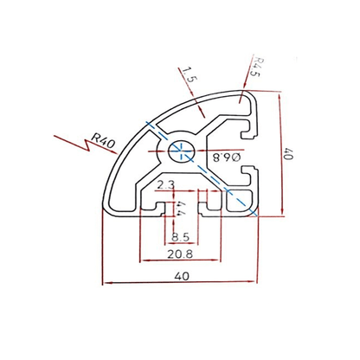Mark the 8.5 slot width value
click(x=180, y=236)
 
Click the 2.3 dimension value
click(x=167, y=184)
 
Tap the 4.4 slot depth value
click(x=180, y=209)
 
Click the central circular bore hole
click(x=182, y=149)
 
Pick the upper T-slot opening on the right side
click(x=251, y=130)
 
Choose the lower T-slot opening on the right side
click(x=252, y=179)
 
